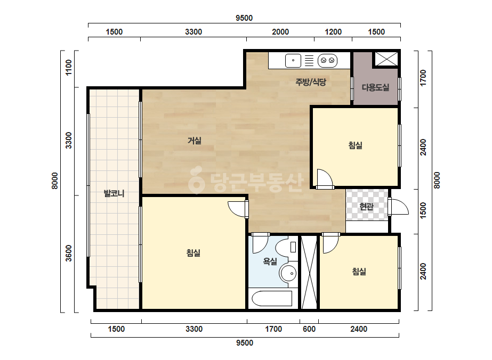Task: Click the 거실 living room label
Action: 194,141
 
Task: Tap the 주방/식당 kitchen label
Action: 311,82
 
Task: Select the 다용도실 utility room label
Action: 375,87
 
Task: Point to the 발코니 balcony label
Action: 114,193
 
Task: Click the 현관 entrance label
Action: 366,207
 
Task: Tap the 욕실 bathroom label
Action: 270,261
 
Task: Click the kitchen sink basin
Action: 293,61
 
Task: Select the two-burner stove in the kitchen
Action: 328,61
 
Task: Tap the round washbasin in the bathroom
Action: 288,273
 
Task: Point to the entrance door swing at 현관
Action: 399,207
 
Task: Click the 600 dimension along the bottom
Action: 309,329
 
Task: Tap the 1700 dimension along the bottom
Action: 273,329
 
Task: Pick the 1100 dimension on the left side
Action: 68,68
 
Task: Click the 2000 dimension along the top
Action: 280,31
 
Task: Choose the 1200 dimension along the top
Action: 333,31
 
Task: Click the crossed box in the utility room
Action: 386,59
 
